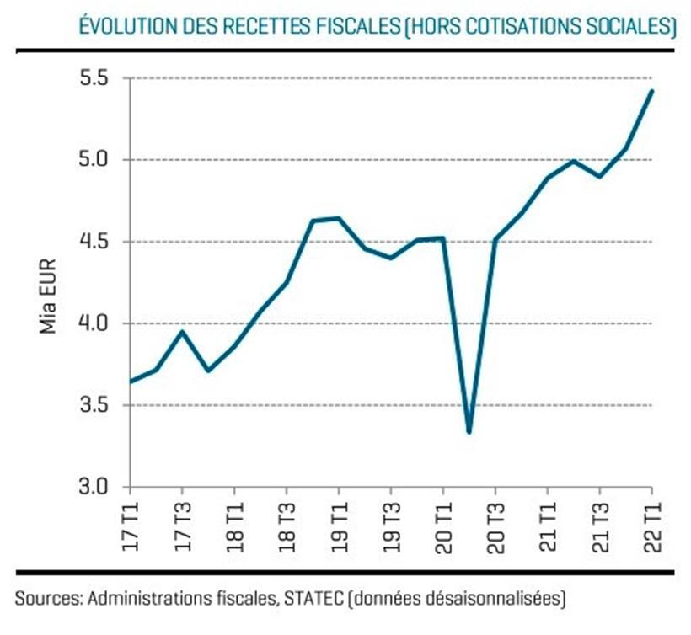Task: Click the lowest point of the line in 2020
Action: pyautogui.click(x=469, y=432)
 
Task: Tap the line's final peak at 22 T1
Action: pyautogui.click(x=651, y=91)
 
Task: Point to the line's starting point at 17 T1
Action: pyautogui.click(x=131, y=382)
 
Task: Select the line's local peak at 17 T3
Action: pyautogui.click(x=183, y=331)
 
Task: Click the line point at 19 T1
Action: pyautogui.click(x=339, y=218)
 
